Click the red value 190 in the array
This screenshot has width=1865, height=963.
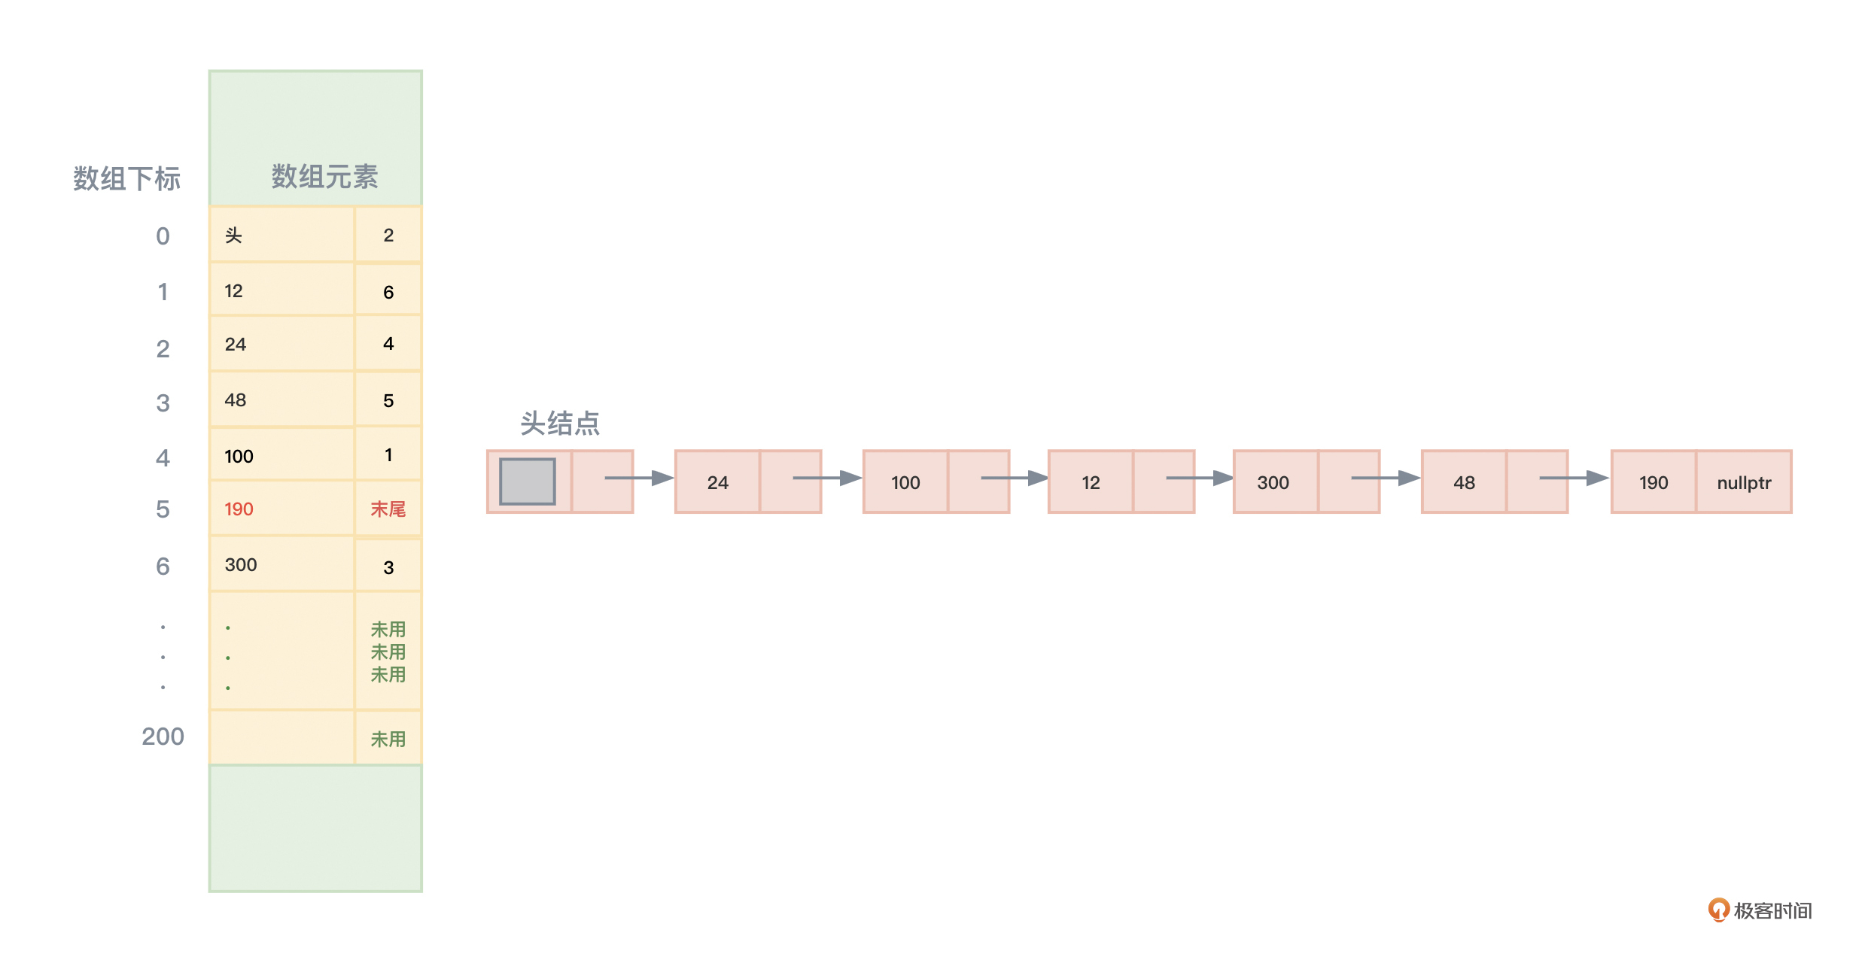pos(239,509)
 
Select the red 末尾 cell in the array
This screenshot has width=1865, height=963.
pos(388,509)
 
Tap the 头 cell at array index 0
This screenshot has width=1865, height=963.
pos(281,235)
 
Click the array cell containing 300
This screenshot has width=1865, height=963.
pos(281,564)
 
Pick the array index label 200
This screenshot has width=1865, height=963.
pos(163,736)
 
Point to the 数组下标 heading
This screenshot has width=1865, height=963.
pos(126,179)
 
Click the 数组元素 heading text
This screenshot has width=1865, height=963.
pos(324,177)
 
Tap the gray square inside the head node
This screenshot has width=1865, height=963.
pos(528,481)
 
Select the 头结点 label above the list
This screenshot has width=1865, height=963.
pos(560,424)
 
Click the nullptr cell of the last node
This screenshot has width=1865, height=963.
pos(1744,482)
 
